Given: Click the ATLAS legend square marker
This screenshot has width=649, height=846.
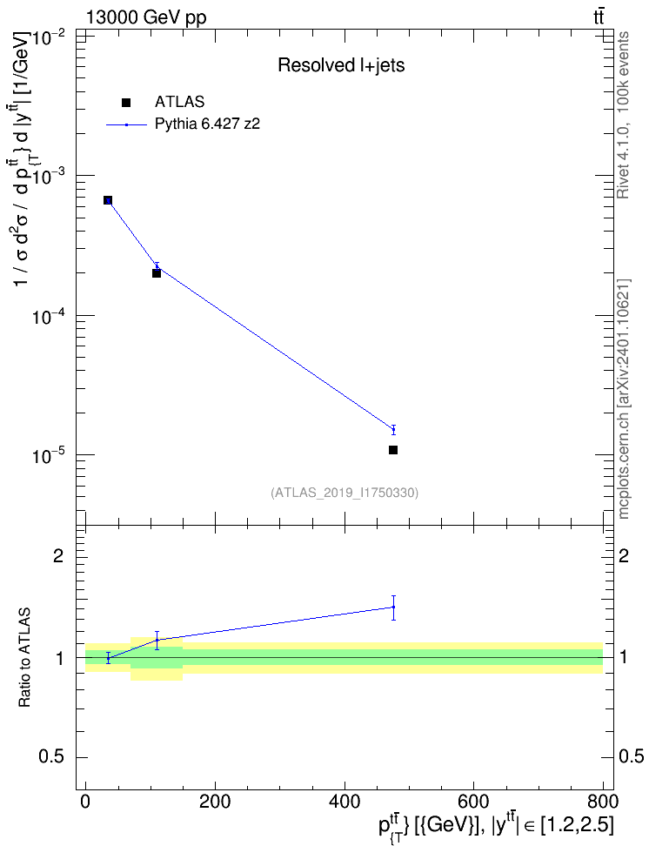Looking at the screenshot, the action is pos(126,103).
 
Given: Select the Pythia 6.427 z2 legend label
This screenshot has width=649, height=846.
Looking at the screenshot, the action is pos(207,124).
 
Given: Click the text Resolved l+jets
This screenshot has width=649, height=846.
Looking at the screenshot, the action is pos(341,65).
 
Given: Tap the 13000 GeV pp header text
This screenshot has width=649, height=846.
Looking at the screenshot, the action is pos(145,17).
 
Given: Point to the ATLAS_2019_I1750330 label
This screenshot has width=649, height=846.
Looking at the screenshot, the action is pos(345,492).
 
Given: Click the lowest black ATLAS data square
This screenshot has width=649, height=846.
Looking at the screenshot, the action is pos(392,450).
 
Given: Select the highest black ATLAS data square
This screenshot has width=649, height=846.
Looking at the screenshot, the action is pos(108,200).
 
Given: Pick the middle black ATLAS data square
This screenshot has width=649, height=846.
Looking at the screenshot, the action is pos(157,273).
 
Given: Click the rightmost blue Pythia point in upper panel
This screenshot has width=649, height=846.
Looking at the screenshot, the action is pos(393,429).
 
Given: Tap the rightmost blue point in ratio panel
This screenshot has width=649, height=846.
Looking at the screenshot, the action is pos(393,607).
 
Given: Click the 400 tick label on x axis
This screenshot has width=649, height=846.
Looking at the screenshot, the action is pos(345,802).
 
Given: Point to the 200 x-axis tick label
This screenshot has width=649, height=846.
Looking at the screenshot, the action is pos(215,802).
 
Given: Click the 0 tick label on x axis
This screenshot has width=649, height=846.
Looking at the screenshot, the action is pos(85,802).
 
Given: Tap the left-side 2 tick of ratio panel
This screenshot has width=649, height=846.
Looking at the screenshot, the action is pos(58,555).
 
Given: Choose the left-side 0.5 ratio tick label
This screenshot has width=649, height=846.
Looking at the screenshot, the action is pos(51,757).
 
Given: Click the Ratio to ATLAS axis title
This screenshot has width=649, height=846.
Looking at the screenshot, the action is pos(24,658).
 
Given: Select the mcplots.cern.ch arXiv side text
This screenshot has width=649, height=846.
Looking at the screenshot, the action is pos(624,399).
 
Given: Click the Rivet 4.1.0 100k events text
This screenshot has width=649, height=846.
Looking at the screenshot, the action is pos(624,115).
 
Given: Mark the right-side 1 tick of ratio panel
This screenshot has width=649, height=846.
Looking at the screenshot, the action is pos(624,658).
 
